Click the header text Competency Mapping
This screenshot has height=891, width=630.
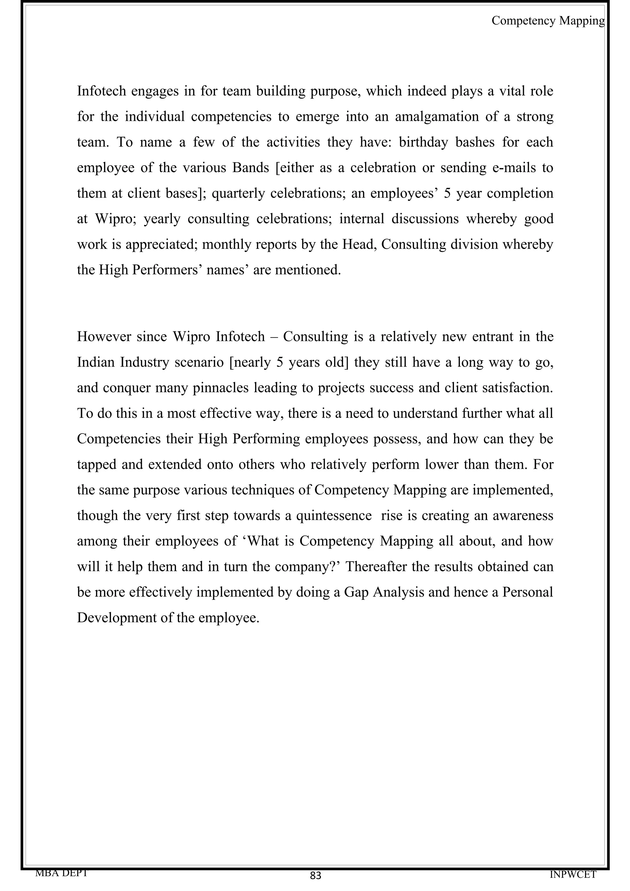click(x=548, y=21)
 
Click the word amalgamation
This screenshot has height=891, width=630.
click(x=437, y=117)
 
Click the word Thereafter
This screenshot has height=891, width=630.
click(x=376, y=567)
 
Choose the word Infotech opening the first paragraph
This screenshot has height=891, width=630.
click(x=102, y=91)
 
